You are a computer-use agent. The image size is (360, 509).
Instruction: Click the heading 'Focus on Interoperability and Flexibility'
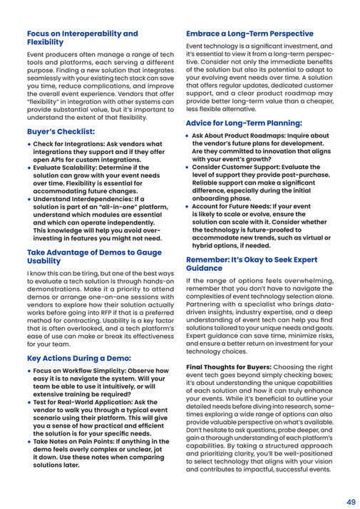(x=83, y=38)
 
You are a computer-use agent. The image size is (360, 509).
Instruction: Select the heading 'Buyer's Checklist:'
(x=61, y=132)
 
